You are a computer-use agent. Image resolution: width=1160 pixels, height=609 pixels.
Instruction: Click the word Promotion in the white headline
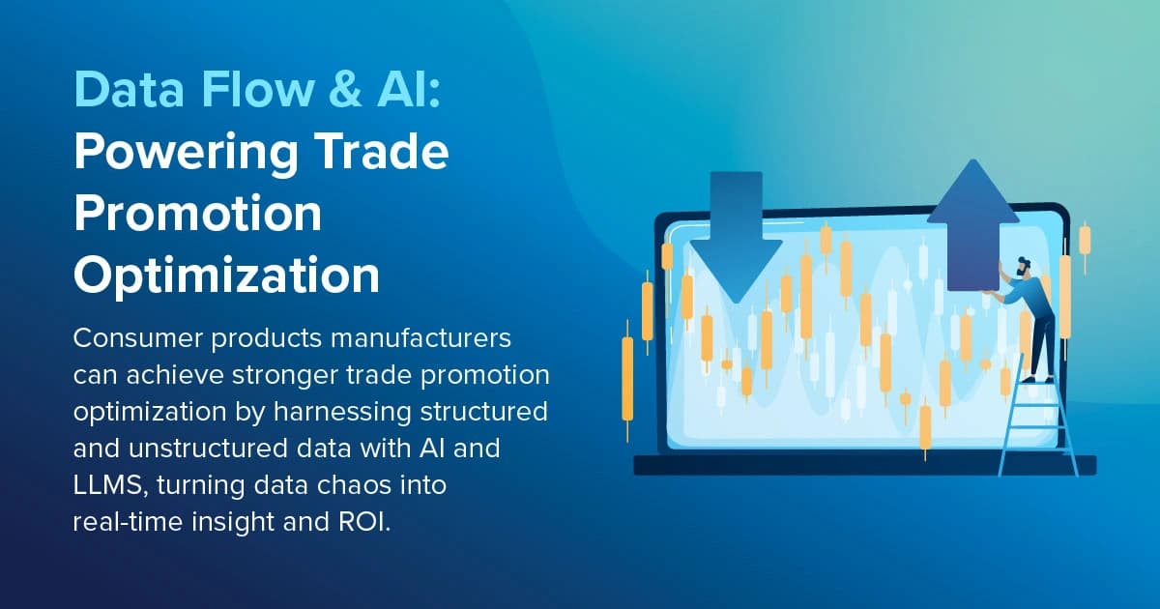pyautogui.click(x=198, y=214)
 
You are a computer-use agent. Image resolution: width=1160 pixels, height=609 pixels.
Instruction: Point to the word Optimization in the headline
pyautogui.click(x=227, y=275)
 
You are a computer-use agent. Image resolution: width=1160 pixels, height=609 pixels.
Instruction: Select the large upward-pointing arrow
pyautogui.click(x=972, y=232)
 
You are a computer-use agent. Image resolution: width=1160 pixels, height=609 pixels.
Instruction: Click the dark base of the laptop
pyautogui.click(x=864, y=466)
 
